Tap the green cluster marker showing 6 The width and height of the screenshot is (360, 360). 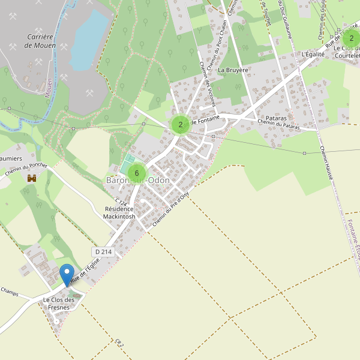137,173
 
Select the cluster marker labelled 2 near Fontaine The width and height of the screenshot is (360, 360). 180,125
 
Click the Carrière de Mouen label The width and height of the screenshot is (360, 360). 41,41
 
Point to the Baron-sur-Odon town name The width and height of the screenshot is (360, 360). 138,181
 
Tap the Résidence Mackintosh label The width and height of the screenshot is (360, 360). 120,212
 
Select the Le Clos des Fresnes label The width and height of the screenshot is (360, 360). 58,304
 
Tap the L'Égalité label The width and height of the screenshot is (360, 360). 313,54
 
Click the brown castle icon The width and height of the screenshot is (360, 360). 32,178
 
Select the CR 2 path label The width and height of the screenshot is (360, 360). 119,343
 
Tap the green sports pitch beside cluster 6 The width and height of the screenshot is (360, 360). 128,161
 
